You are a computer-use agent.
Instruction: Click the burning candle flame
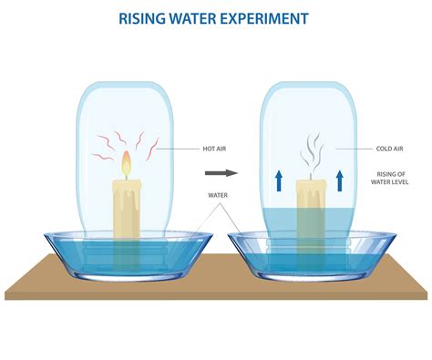pos(126,164)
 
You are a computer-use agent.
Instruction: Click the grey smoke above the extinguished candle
pos(312,149)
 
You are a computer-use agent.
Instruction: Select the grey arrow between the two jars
pos(220,171)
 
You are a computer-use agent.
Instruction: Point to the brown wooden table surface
pos(219,292)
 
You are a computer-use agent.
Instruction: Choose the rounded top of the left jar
pos(127,91)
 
